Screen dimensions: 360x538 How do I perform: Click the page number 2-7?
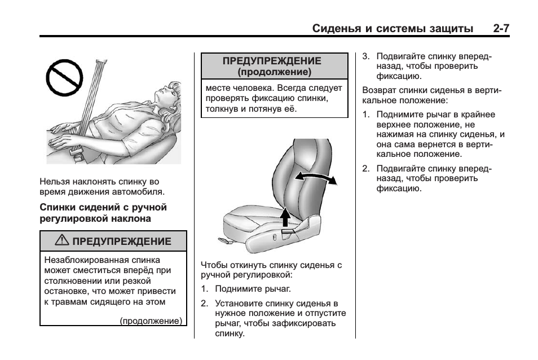(x=501, y=28)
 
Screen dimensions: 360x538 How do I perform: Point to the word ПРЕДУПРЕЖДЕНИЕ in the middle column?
(x=272, y=61)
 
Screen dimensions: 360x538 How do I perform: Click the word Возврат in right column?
(x=379, y=90)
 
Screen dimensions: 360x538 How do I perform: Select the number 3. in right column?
(x=365, y=56)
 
